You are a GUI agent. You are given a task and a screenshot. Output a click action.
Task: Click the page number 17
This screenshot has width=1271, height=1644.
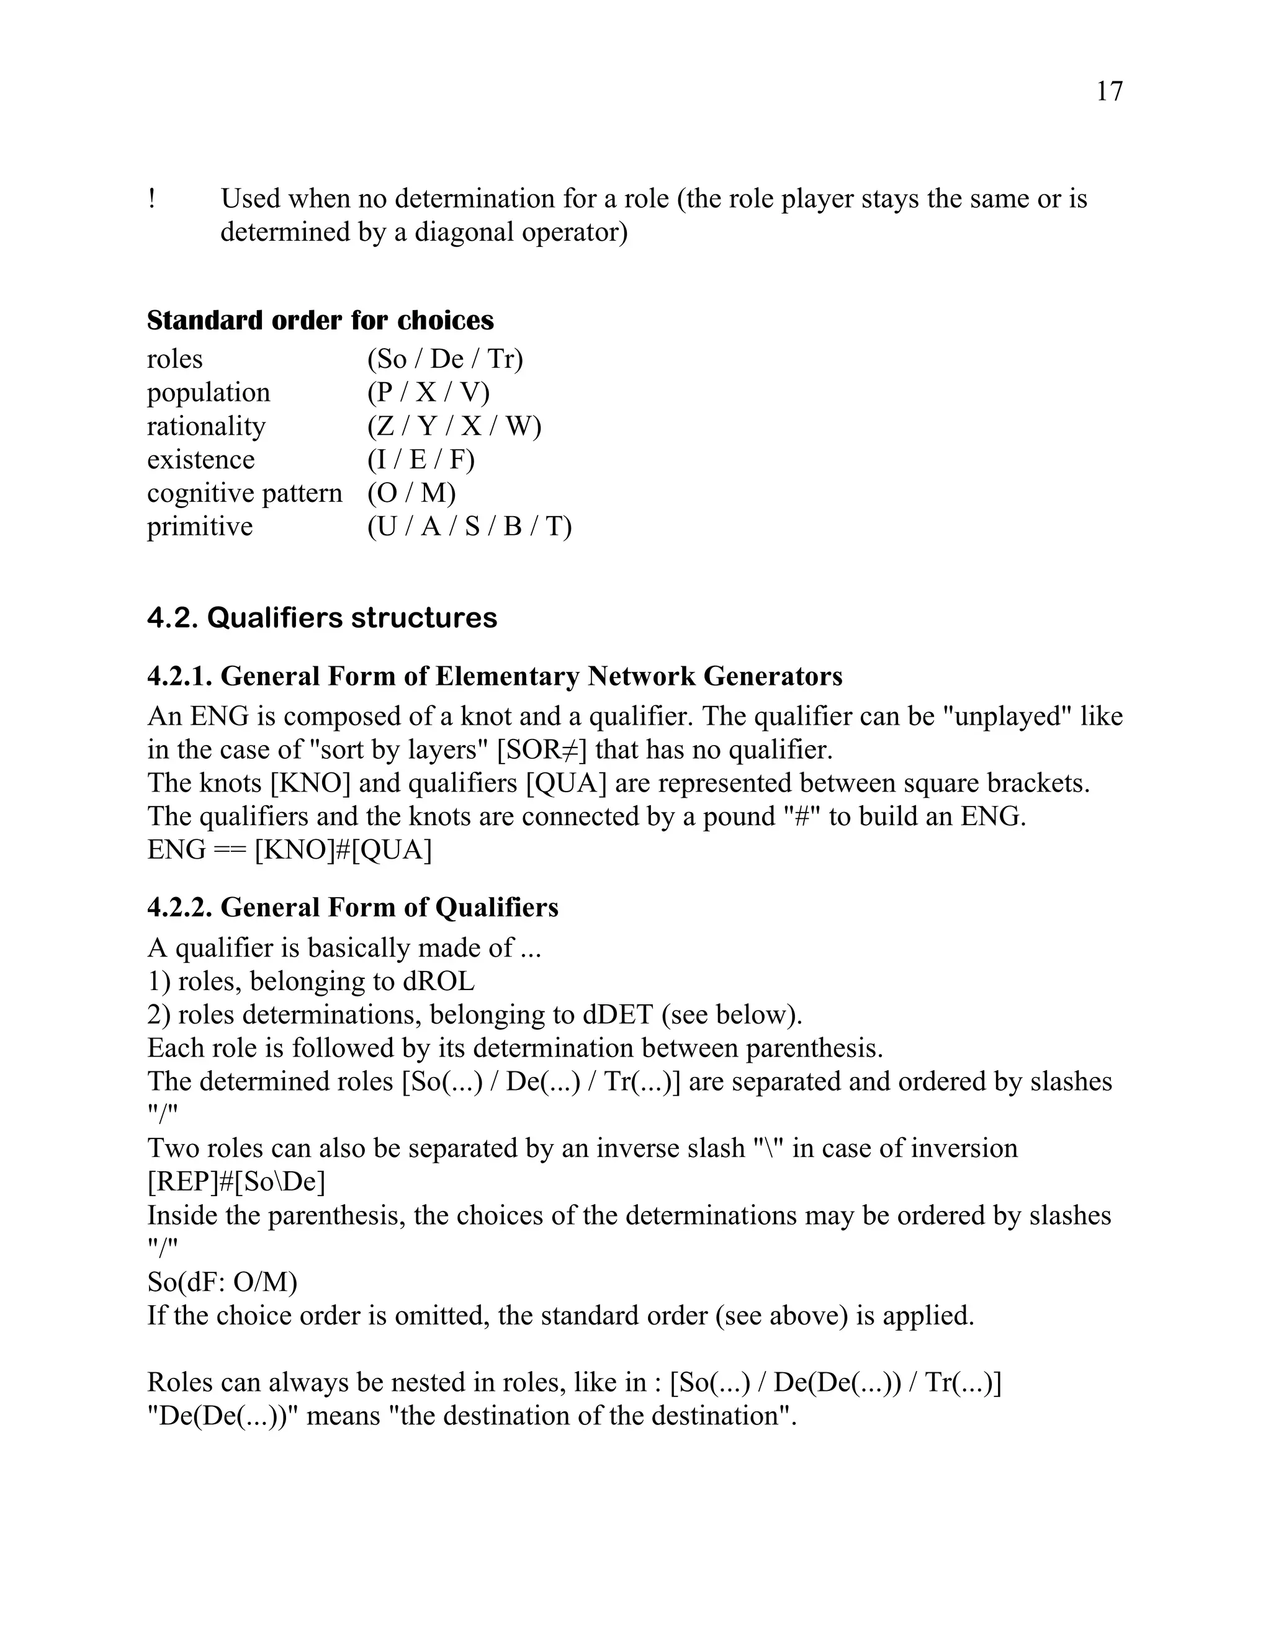[x=1109, y=91]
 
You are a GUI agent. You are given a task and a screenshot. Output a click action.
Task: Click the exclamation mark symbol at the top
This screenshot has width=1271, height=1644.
[x=152, y=199]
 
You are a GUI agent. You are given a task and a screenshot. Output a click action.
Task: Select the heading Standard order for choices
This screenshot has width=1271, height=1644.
[x=320, y=321]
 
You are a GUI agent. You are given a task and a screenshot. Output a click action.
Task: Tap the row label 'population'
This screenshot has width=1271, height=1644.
[x=209, y=393]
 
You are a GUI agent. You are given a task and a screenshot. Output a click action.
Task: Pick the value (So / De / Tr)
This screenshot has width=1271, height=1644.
[x=445, y=359]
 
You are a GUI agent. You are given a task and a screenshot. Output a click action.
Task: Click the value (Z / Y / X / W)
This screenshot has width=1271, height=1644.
[x=454, y=426]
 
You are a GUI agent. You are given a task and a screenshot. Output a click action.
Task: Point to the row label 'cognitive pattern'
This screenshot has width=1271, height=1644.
[x=244, y=493]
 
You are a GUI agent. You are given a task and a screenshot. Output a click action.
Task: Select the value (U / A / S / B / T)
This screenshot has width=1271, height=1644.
[x=469, y=526]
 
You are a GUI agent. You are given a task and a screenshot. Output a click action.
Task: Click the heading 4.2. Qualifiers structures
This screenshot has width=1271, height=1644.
[x=321, y=617]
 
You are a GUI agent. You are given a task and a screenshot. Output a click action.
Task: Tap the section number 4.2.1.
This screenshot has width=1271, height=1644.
[x=179, y=676]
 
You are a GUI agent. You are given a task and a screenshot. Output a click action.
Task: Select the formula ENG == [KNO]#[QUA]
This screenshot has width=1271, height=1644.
[x=289, y=850]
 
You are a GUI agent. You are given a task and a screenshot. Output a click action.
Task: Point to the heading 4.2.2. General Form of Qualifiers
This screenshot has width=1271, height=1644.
[x=353, y=907]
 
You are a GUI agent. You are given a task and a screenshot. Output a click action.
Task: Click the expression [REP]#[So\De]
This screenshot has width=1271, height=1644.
[x=236, y=1182]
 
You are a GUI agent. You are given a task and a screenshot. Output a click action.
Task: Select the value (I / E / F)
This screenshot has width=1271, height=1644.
[x=421, y=459]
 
